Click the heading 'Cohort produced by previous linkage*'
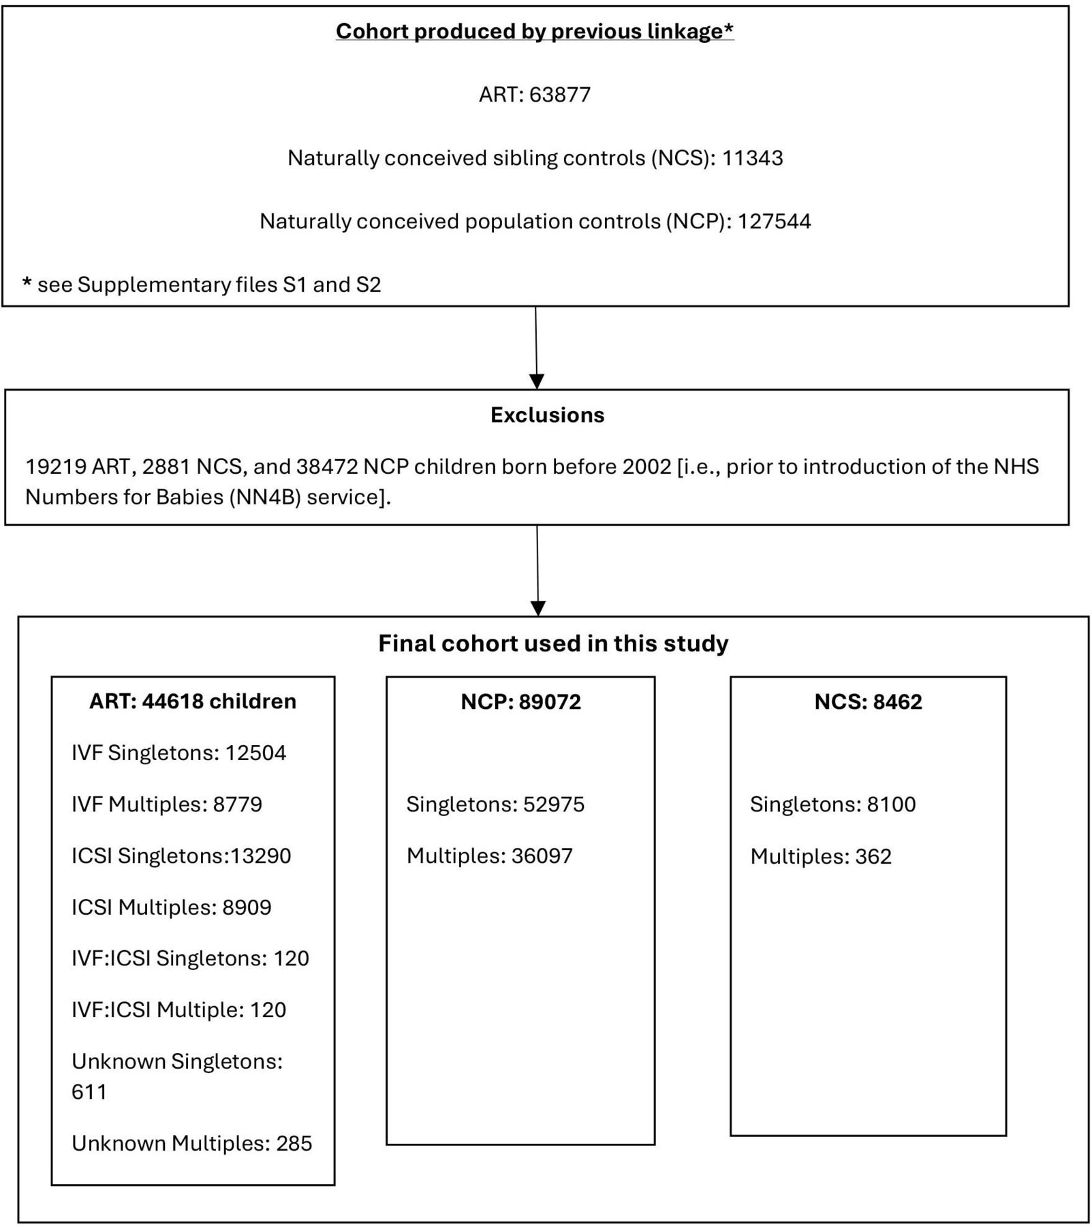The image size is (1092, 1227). tap(535, 31)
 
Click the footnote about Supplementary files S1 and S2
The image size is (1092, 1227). tap(202, 284)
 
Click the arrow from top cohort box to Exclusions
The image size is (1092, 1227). tap(536, 348)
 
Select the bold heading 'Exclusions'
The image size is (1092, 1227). tap(548, 415)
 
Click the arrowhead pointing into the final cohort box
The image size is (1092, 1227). tap(538, 608)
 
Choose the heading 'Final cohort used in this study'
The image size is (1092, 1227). tap(554, 643)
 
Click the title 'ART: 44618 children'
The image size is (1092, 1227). tap(193, 701)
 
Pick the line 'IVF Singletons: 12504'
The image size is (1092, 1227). tap(179, 753)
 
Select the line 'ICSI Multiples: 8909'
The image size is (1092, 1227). tap(172, 907)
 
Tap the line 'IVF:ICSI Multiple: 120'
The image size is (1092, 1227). tap(179, 1010)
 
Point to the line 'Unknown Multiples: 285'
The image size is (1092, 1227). tap(192, 1143)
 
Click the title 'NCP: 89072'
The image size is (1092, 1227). tap(521, 701)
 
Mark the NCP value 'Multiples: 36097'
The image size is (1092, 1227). tap(490, 855)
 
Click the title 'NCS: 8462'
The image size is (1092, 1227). tap(869, 701)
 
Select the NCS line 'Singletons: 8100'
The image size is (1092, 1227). tap(833, 804)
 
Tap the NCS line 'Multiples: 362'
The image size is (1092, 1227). tap(821, 856)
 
